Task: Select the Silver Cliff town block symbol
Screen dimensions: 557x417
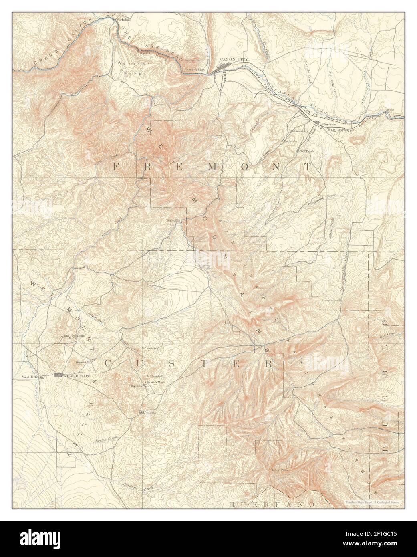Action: coord(58,375)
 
